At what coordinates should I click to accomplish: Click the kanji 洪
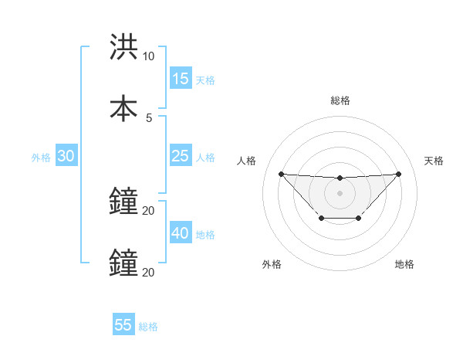[123, 48]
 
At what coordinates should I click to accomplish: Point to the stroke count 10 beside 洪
[149, 57]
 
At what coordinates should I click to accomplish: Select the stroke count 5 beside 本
[149, 117]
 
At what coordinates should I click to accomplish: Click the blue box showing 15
[181, 78]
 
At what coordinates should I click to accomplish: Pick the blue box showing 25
[181, 156]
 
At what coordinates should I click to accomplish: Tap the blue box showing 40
[181, 233]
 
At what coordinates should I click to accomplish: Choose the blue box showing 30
[66, 156]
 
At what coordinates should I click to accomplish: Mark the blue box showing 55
[123, 325]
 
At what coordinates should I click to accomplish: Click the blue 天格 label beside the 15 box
[205, 80]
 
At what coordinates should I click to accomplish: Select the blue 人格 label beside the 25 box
[205, 158]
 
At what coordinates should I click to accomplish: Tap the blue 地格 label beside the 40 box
[205, 235]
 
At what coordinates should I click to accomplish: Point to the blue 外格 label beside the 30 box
[41, 158]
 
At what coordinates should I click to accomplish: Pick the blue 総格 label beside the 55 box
[148, 327]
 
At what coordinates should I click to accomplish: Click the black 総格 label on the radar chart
[340, 100]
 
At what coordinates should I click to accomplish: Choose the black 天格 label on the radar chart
[434, 161]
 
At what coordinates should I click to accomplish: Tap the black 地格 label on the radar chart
[404, 264]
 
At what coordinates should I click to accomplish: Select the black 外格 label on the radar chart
[272, 264]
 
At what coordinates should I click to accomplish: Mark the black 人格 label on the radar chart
[247, 161]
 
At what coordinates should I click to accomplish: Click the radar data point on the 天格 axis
[398, 174]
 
